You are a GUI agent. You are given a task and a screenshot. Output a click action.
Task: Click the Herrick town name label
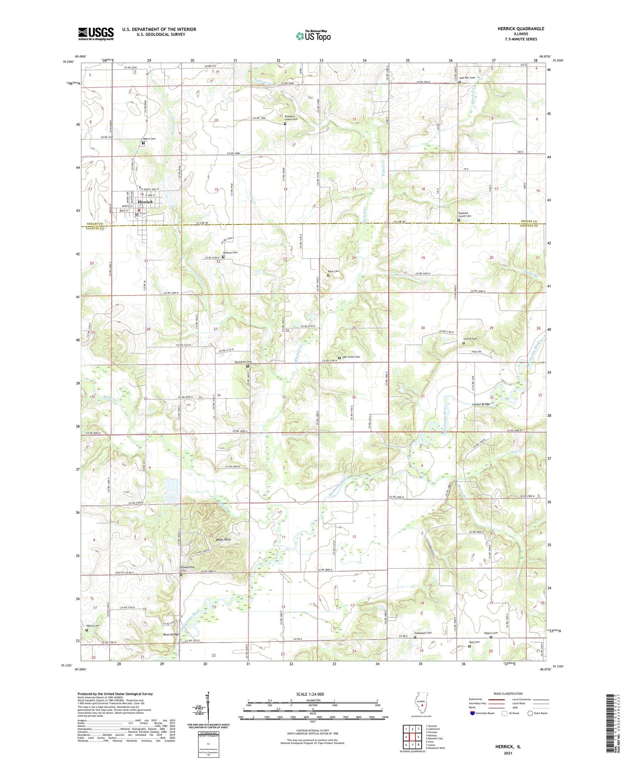tap(145, 202)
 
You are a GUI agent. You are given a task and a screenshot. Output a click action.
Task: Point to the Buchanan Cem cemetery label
tap(243, 362)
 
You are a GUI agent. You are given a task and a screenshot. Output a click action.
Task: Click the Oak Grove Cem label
tap(351, 357)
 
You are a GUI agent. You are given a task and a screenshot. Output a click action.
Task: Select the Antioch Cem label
tap(230, 253)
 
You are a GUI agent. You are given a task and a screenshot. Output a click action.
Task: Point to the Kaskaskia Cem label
tap(423, 633)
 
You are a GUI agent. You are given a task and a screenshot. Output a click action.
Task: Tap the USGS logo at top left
tap(96, 34)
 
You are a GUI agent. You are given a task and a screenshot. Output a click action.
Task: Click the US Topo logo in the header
tap(313, 36)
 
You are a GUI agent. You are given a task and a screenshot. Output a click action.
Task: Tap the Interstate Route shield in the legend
tap(472, 713)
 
